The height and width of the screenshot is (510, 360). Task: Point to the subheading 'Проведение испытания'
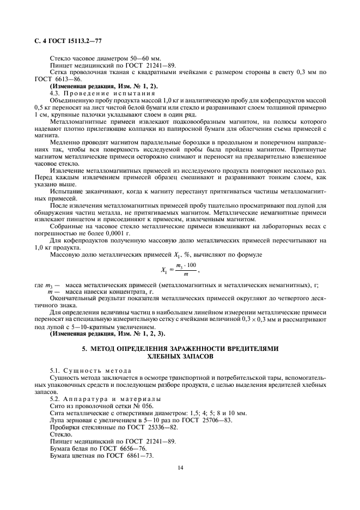pyautogui.click(x=96, y=93)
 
